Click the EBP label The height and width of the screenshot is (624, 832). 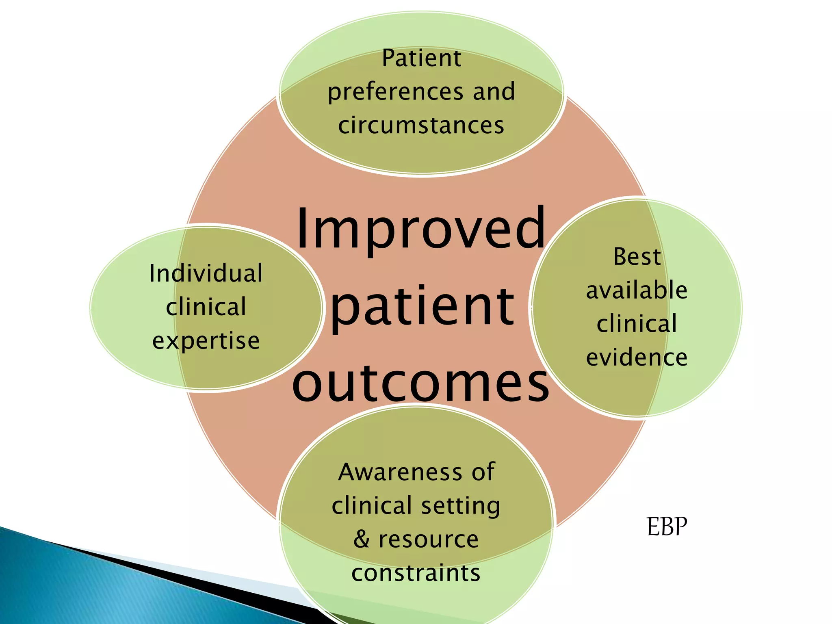[667, 527]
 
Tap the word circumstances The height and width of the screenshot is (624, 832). [421, 125]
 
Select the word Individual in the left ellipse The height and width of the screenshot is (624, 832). [206, 273]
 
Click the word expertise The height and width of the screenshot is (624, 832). [206, 341]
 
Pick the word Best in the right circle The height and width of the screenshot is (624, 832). [637, 257]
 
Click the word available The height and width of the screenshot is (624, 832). [637, 290]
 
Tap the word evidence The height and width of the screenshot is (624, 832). [637, 357]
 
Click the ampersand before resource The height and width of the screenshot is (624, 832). [362, 539]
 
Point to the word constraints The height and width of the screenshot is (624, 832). [416, 573]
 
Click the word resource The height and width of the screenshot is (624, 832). [429, 539]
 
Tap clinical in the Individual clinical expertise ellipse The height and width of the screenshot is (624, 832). [206, 307]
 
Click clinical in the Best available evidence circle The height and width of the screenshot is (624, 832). [637, 324]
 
